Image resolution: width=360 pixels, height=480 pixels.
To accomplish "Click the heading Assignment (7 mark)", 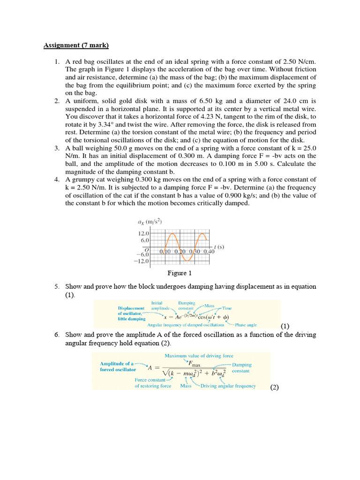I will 76,45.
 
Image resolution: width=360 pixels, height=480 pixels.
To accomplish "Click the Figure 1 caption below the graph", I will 180,273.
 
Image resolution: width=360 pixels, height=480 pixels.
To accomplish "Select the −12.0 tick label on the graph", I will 141,261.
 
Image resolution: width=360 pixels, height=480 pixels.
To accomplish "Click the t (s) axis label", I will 219,246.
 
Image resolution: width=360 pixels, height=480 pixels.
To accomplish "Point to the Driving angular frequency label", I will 228,386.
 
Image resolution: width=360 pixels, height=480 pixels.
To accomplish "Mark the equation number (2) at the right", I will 274,387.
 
